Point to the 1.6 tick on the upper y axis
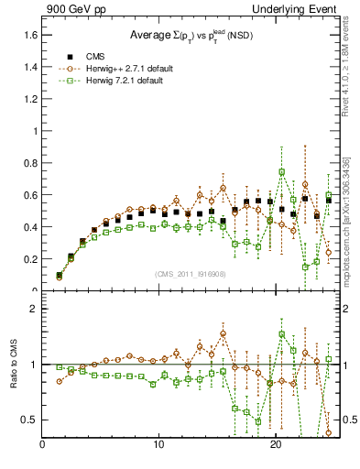pos(30,35)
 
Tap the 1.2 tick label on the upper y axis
pos(30,99)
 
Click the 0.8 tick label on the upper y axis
pos(30,163)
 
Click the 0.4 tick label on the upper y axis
pos(30,227)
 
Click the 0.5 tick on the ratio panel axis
pos(30,420)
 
